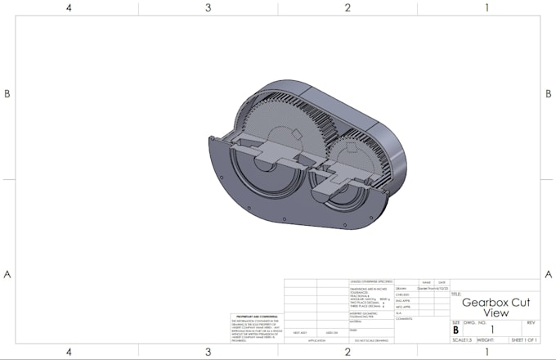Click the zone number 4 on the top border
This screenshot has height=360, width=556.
69,7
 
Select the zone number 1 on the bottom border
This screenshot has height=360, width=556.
487,352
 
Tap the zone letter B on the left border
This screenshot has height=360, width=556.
7,93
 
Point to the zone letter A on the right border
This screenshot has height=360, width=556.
548,273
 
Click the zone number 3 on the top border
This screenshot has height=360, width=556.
208,7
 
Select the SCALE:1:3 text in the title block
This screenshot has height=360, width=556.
462,340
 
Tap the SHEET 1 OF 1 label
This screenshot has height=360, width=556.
523,340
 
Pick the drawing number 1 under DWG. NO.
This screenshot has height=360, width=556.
492,330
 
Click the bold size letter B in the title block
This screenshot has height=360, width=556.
455,330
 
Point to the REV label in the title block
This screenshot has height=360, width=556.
531,322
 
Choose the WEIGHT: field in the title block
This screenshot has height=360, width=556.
486,340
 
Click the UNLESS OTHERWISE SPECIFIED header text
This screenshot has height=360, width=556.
371,281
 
